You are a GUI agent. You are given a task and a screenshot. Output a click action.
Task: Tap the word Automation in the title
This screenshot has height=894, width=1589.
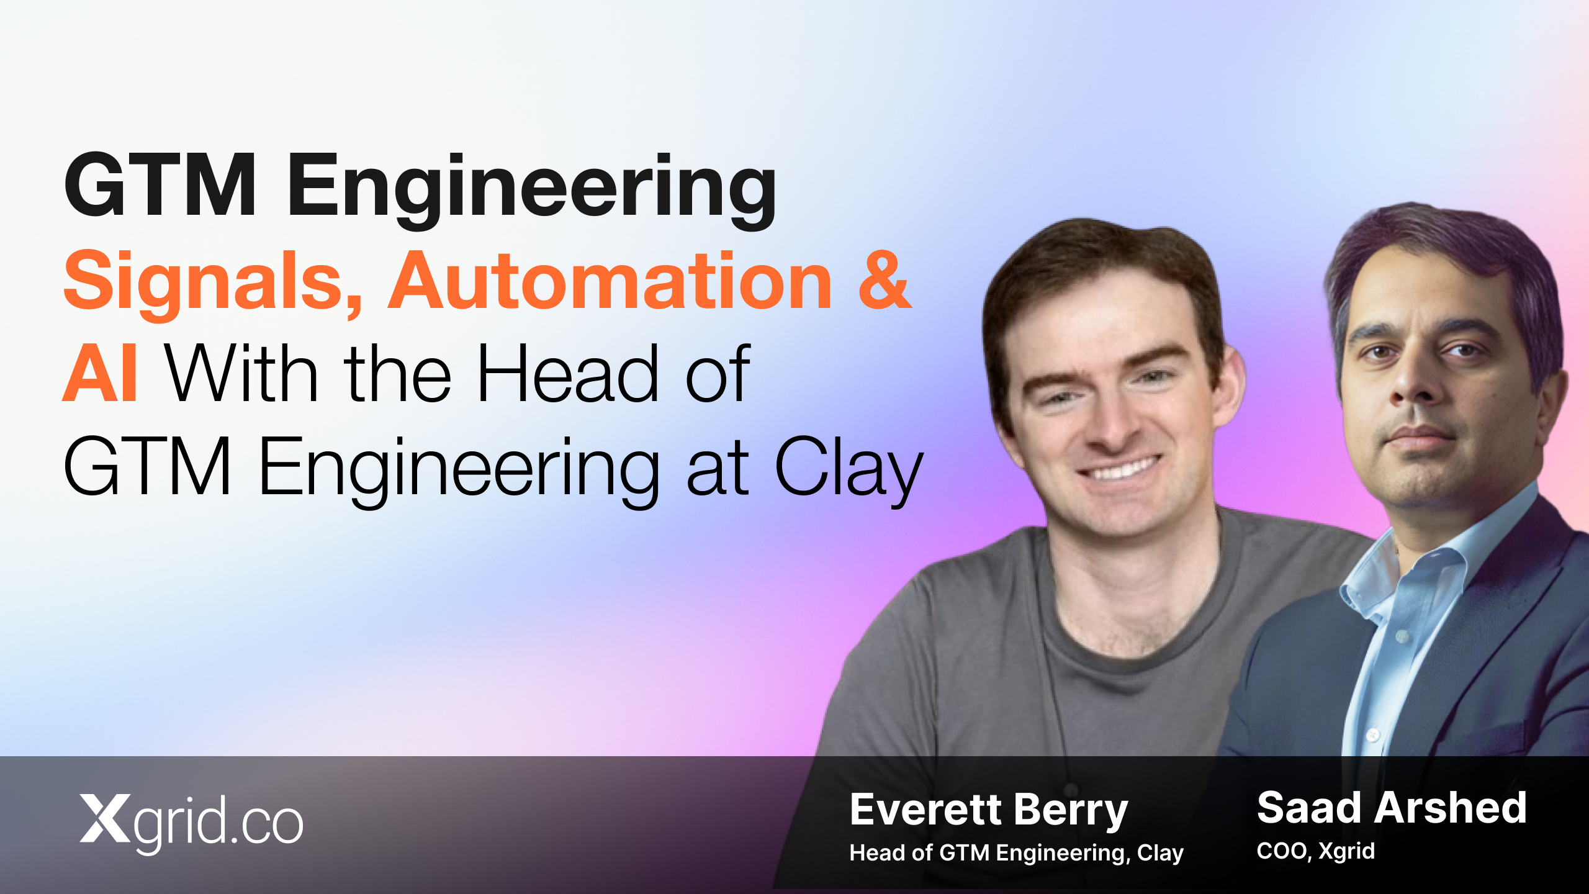click(x=610, y=280)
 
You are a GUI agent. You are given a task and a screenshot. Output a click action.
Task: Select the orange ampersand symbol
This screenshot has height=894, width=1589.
click(x=885, y=280)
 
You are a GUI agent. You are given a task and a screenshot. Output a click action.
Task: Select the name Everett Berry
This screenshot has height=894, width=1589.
click(x=988, y=810)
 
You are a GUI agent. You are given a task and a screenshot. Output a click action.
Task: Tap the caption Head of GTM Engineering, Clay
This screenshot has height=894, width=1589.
click(x=1016, y=853)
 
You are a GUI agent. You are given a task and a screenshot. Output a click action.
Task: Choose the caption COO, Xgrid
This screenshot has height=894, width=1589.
click(x=1315, y=851)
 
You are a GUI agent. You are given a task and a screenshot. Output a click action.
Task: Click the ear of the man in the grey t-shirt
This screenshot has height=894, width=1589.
click(x=1228, y=385)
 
